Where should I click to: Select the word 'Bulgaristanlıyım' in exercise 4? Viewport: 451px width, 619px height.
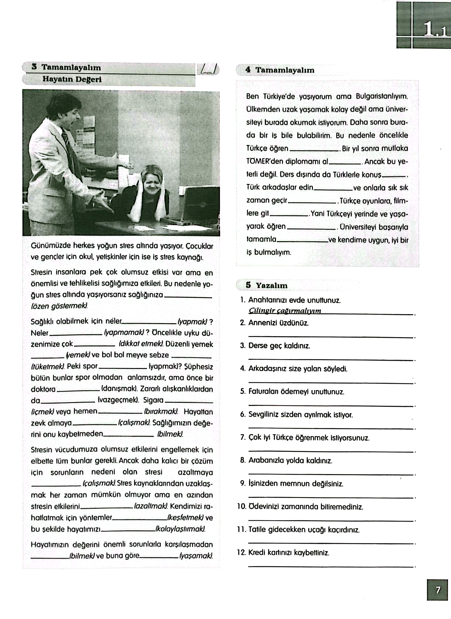pos(382,97)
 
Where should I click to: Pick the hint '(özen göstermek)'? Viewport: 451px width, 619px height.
pos(60,306)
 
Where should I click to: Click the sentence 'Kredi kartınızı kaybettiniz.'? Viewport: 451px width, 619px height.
pos(289,553)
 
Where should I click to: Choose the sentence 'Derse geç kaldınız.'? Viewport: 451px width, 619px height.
pos(279,346)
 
